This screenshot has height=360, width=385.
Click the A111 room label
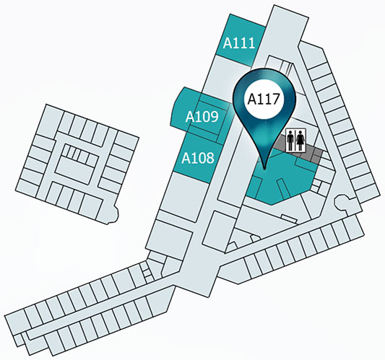coord(239,43)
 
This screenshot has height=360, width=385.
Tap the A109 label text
coord(202,116)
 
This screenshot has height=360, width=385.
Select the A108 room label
coord(198,158)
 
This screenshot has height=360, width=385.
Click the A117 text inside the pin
coord(264,99)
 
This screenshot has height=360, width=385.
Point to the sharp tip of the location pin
coord(264,169)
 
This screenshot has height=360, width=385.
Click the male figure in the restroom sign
coord(291,141)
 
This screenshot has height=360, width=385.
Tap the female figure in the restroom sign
coord(300,141)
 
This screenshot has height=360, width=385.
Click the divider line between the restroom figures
coord(295,141)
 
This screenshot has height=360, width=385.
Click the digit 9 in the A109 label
coord(214,116)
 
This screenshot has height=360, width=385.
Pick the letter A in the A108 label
coord(186,158)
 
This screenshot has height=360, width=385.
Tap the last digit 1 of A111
coord(251,43)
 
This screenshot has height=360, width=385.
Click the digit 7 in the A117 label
coord(276,99)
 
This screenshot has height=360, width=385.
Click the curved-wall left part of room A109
coord(182,109)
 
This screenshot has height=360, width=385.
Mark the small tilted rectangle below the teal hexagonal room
coord(290,219)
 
